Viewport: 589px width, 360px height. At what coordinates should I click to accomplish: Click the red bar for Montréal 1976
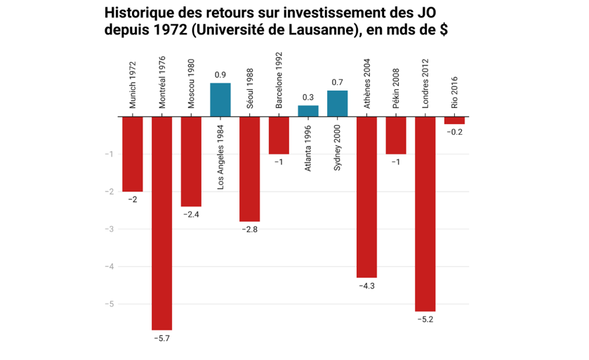[x=161, y=222]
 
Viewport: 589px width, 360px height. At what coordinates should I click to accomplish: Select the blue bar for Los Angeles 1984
[x=220, y=100]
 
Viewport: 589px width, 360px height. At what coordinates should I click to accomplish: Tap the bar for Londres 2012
[x=425, y=213]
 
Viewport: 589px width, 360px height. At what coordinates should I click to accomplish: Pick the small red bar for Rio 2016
[x=454, y=120]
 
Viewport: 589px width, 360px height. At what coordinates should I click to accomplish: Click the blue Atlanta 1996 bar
[x=308, y=111]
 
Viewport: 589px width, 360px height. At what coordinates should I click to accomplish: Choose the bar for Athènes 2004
[x=366, y=196]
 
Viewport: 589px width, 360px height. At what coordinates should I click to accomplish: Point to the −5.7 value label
[x=161, y=338]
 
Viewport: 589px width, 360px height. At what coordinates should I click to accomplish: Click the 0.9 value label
[x=220, y=75]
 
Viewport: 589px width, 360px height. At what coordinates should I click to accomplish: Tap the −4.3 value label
[x=366, y=286]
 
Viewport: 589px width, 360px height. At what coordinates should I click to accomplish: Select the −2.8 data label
[x=249, y=229]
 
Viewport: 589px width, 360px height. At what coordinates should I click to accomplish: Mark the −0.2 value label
[x=454, y=132]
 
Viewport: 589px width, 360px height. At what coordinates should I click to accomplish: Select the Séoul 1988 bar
[x=249, y=168]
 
